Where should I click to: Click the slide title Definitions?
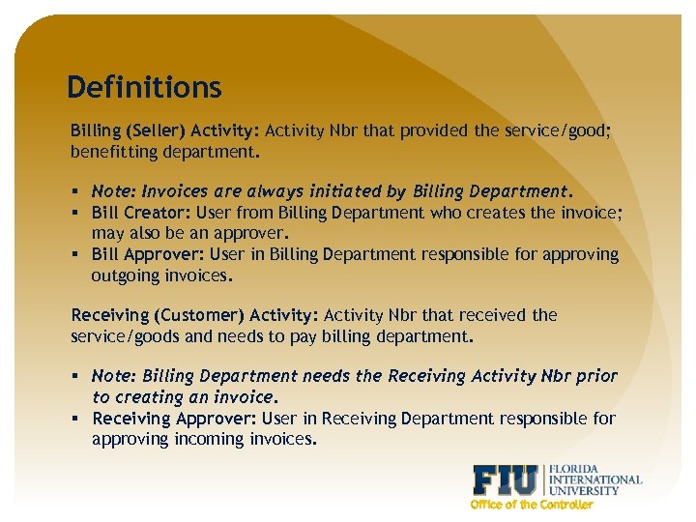144,88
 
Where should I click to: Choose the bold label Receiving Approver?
170,419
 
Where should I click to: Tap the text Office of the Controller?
531,505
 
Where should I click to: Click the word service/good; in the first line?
558,130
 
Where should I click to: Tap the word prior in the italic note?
596,376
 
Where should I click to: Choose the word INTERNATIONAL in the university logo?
594,479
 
